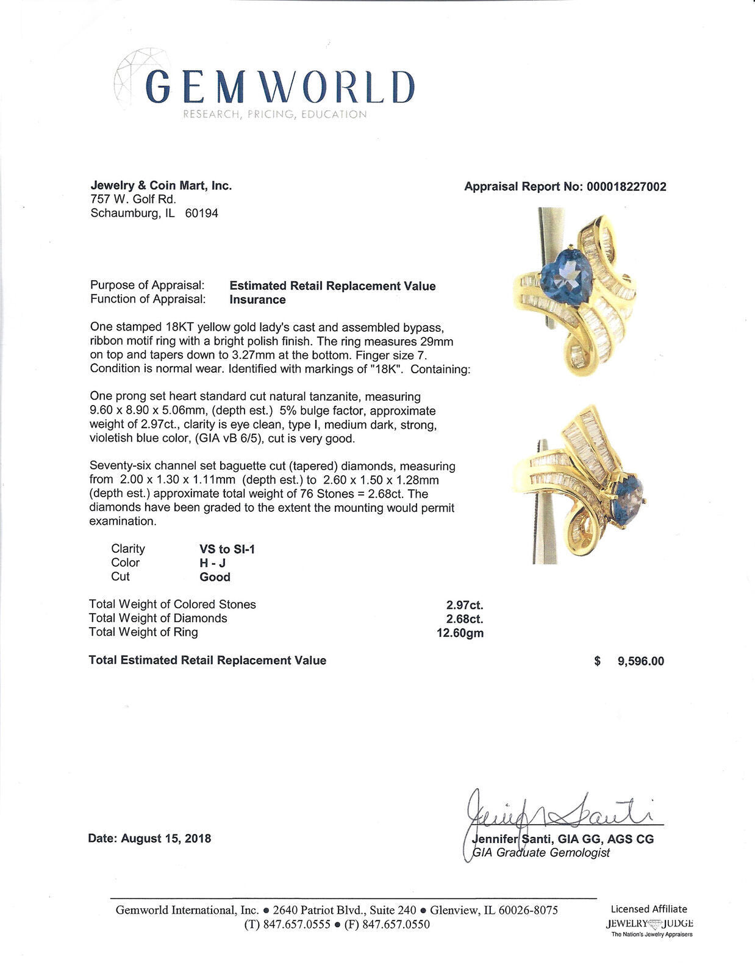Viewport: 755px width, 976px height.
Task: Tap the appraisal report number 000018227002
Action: tap(626, 187)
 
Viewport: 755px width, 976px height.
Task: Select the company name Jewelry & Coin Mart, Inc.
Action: tap(161, 185)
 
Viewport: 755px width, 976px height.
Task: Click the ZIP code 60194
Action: tap(201, 213)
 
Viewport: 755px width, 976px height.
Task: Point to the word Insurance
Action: tap(257, 300)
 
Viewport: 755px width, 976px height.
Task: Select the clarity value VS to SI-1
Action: tap(227, 549)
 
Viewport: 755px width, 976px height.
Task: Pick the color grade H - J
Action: tap(213, 563)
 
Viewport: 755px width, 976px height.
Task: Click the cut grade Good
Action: tap(215, 577)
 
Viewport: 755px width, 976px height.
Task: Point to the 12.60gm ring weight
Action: tap(457, 633)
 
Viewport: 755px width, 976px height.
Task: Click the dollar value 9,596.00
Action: tap(640, 661)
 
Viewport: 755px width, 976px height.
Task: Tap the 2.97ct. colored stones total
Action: tap(465, 605)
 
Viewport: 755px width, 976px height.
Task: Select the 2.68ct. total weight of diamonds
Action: tap(465, 619)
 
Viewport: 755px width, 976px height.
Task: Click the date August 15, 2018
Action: tap(166, 838)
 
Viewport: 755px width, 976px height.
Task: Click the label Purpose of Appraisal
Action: tap(147, 285)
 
